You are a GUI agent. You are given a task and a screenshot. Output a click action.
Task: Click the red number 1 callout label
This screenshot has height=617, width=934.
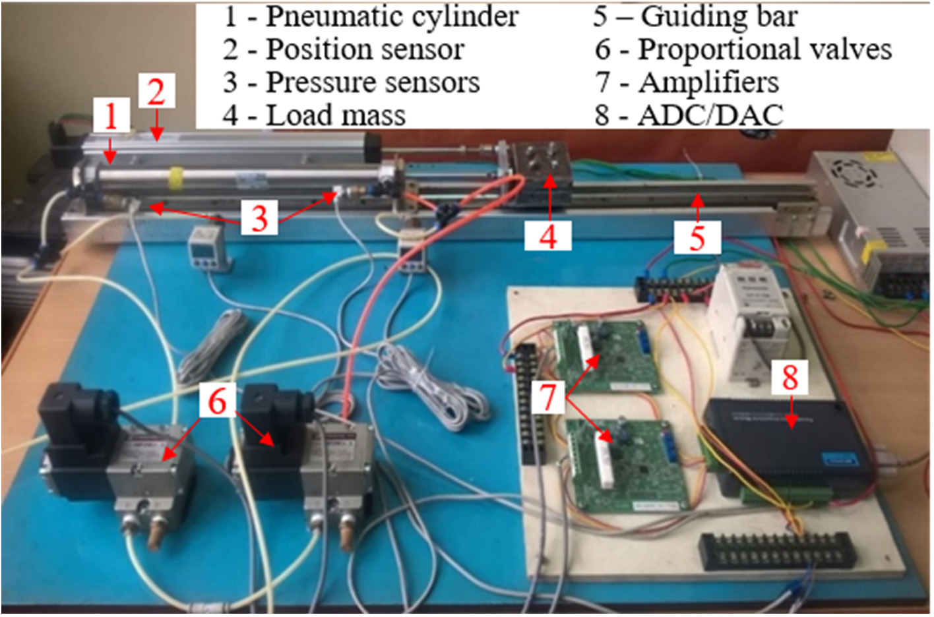[x=111, y=117]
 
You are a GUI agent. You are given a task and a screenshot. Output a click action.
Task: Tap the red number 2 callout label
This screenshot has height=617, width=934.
[x=156, y=92]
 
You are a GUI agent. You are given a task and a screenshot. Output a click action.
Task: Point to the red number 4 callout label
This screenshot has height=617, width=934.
[x=548, y=234]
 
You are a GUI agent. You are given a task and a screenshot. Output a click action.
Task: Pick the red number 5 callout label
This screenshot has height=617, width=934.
[x=697, y=236]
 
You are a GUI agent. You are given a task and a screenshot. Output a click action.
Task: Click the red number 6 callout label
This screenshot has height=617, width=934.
[x=217, y=399]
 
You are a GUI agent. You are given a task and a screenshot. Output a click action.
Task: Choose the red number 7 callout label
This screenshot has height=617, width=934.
[x=548, y=397]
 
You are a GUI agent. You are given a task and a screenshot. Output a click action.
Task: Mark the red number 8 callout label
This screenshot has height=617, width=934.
[x=790, y=378]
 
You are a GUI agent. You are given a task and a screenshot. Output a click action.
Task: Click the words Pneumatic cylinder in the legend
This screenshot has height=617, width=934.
[x=392, y=16]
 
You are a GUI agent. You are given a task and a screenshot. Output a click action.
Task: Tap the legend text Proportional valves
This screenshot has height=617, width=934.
[x=764, y=49]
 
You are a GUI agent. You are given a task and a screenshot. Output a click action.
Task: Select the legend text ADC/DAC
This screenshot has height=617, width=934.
[x=710, y=115]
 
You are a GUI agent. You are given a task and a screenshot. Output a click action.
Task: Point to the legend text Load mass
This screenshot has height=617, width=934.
[x=335, y=115]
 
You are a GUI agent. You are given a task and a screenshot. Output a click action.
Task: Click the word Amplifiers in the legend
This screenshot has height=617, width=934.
[x=708, y=82]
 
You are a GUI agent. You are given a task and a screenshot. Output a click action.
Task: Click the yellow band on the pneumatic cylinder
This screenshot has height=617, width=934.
[x=175, y=177]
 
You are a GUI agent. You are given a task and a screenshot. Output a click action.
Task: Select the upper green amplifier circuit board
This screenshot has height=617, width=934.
[x=604, y=356]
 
